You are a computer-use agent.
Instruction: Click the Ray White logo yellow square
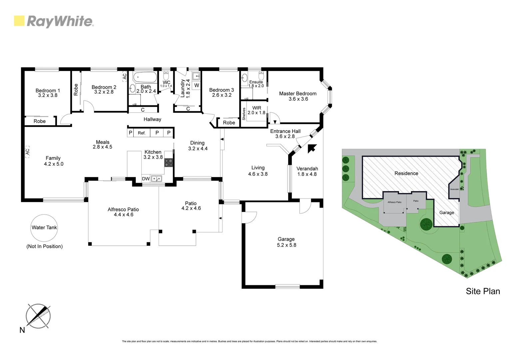click(19, 21)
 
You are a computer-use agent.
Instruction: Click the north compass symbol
click(38, 315)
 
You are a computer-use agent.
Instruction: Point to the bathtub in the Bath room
click(145, 78)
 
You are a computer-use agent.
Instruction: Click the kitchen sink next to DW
click(156, 179)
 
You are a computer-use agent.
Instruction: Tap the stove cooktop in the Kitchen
click(169, 162)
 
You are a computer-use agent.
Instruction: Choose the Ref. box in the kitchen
click(142, 133)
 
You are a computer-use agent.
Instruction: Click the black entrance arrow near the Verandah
click(311, 148)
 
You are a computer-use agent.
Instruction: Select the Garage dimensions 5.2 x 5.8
click(286, 245)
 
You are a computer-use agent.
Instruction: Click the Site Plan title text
click(483, 291)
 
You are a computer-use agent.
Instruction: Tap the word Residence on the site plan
click(406, 173)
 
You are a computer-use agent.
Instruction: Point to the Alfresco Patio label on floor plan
click(123, 209)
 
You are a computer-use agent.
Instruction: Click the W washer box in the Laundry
click(197, 85)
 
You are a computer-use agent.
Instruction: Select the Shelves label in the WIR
click(244, 114)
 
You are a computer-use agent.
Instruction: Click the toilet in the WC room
click(166, 75)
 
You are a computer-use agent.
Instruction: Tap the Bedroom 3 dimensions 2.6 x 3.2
click(222, 95)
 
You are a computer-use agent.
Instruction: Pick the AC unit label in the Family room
click(27, 152)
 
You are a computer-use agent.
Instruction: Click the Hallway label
click(152, 119)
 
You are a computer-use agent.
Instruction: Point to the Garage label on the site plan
click(446, 213)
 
